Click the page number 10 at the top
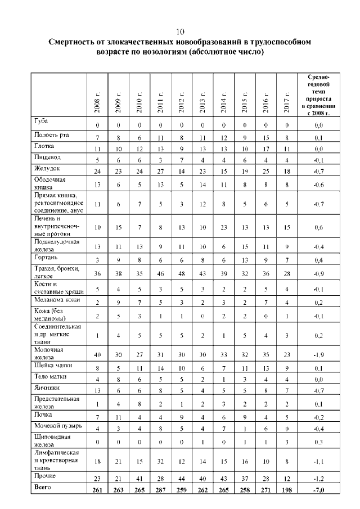pos(179,31)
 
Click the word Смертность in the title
pos(74,42)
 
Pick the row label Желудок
pos(47,168)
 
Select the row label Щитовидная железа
pos(52,439)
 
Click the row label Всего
pos(42,487)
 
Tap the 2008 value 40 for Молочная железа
pos(97,355)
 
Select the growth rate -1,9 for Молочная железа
pos(318,355)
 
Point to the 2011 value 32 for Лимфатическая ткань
pos(160,461)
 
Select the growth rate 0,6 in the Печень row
pos(318,227)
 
